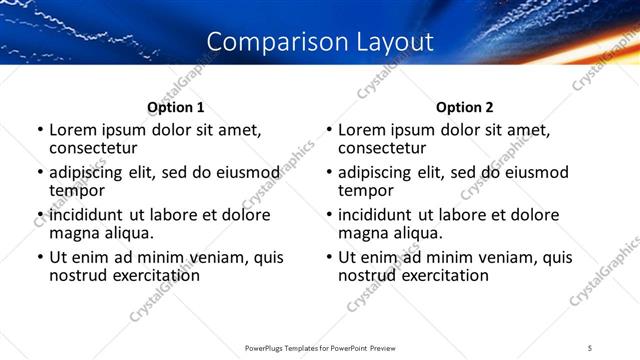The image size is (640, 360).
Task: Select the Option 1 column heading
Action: click(x=176, y=107)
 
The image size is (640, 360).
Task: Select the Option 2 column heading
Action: click(x=465, y=107)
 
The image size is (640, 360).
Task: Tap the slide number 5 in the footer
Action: click(x=590, y=347)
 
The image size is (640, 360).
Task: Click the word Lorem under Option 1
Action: click(x=73, y=130)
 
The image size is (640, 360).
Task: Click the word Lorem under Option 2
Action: click(x=362, y=130)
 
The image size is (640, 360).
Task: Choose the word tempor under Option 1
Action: click(x=77, y=189)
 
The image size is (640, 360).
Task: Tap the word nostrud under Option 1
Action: click(x=78, y=274)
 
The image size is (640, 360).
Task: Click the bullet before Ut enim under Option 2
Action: click(x=329, y=257)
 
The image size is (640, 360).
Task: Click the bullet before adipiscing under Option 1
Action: click(x=40, y=173)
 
